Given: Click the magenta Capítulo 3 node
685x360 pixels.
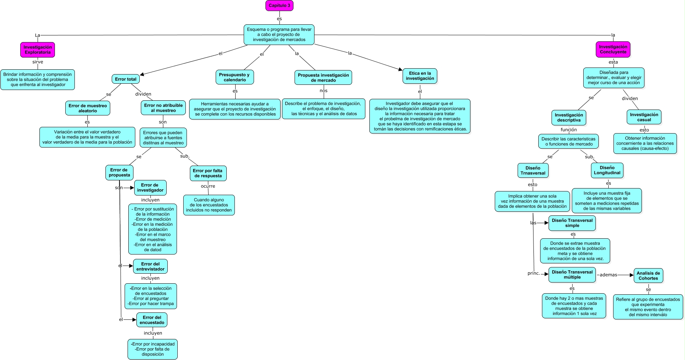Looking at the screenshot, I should click(279, 6).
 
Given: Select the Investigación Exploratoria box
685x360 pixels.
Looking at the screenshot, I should click(38, 50).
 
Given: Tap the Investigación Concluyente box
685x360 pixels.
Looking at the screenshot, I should click(613, 49).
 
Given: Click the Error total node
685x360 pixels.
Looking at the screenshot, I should click(125, 79).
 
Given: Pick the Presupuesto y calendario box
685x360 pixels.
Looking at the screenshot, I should click(234, 77).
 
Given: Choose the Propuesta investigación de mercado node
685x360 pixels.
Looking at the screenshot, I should click(323, 77).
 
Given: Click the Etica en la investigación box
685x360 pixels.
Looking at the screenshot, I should click(420, 76).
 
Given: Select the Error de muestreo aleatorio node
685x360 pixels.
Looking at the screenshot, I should click(88, 108).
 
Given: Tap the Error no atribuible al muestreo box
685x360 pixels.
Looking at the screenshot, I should click(163, 108).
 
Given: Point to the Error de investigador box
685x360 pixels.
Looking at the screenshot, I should click(150, 188).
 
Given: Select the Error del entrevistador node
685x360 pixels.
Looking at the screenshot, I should click(150, 266).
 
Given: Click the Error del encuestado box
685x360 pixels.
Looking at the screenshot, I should click(152, 320).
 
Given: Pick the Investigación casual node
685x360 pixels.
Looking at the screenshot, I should click(644, 117).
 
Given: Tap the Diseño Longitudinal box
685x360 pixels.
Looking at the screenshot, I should click(607, 170).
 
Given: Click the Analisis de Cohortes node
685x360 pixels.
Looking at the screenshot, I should click(648, 276).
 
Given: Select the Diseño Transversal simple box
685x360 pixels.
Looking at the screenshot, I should click(572, 223).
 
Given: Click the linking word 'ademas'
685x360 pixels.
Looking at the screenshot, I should click(608, 275).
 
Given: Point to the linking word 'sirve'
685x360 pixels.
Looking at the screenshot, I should click(38, 62).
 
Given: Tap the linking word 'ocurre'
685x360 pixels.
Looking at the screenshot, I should click(208, 186).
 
